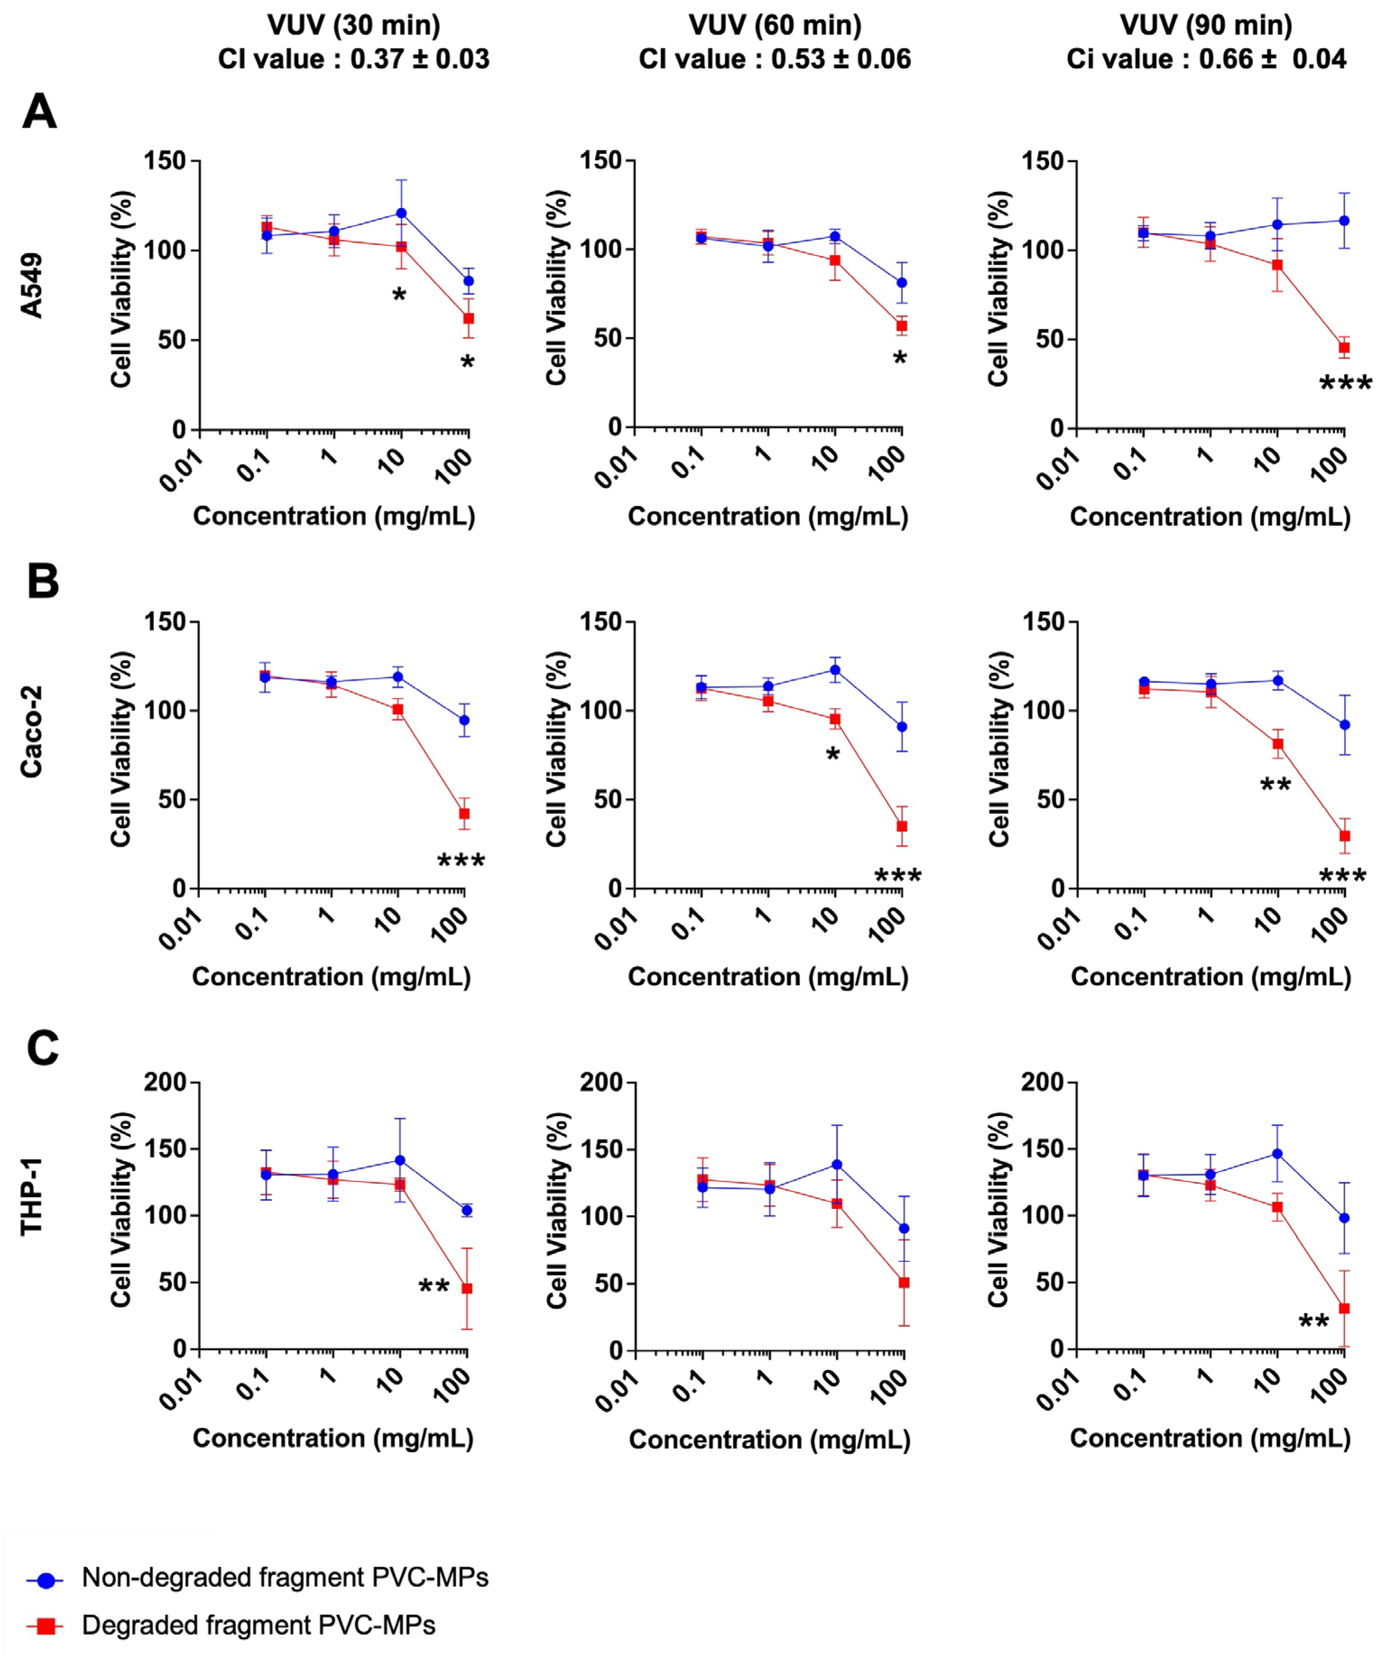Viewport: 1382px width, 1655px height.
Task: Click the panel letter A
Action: point(39,112)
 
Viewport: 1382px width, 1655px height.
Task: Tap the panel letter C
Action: point(42,1049)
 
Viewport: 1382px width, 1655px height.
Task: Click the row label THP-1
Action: point(32,1196)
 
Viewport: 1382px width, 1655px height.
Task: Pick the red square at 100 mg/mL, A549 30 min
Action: point(469,318)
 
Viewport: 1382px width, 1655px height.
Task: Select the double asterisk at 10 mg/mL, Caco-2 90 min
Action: point(1275,785)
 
